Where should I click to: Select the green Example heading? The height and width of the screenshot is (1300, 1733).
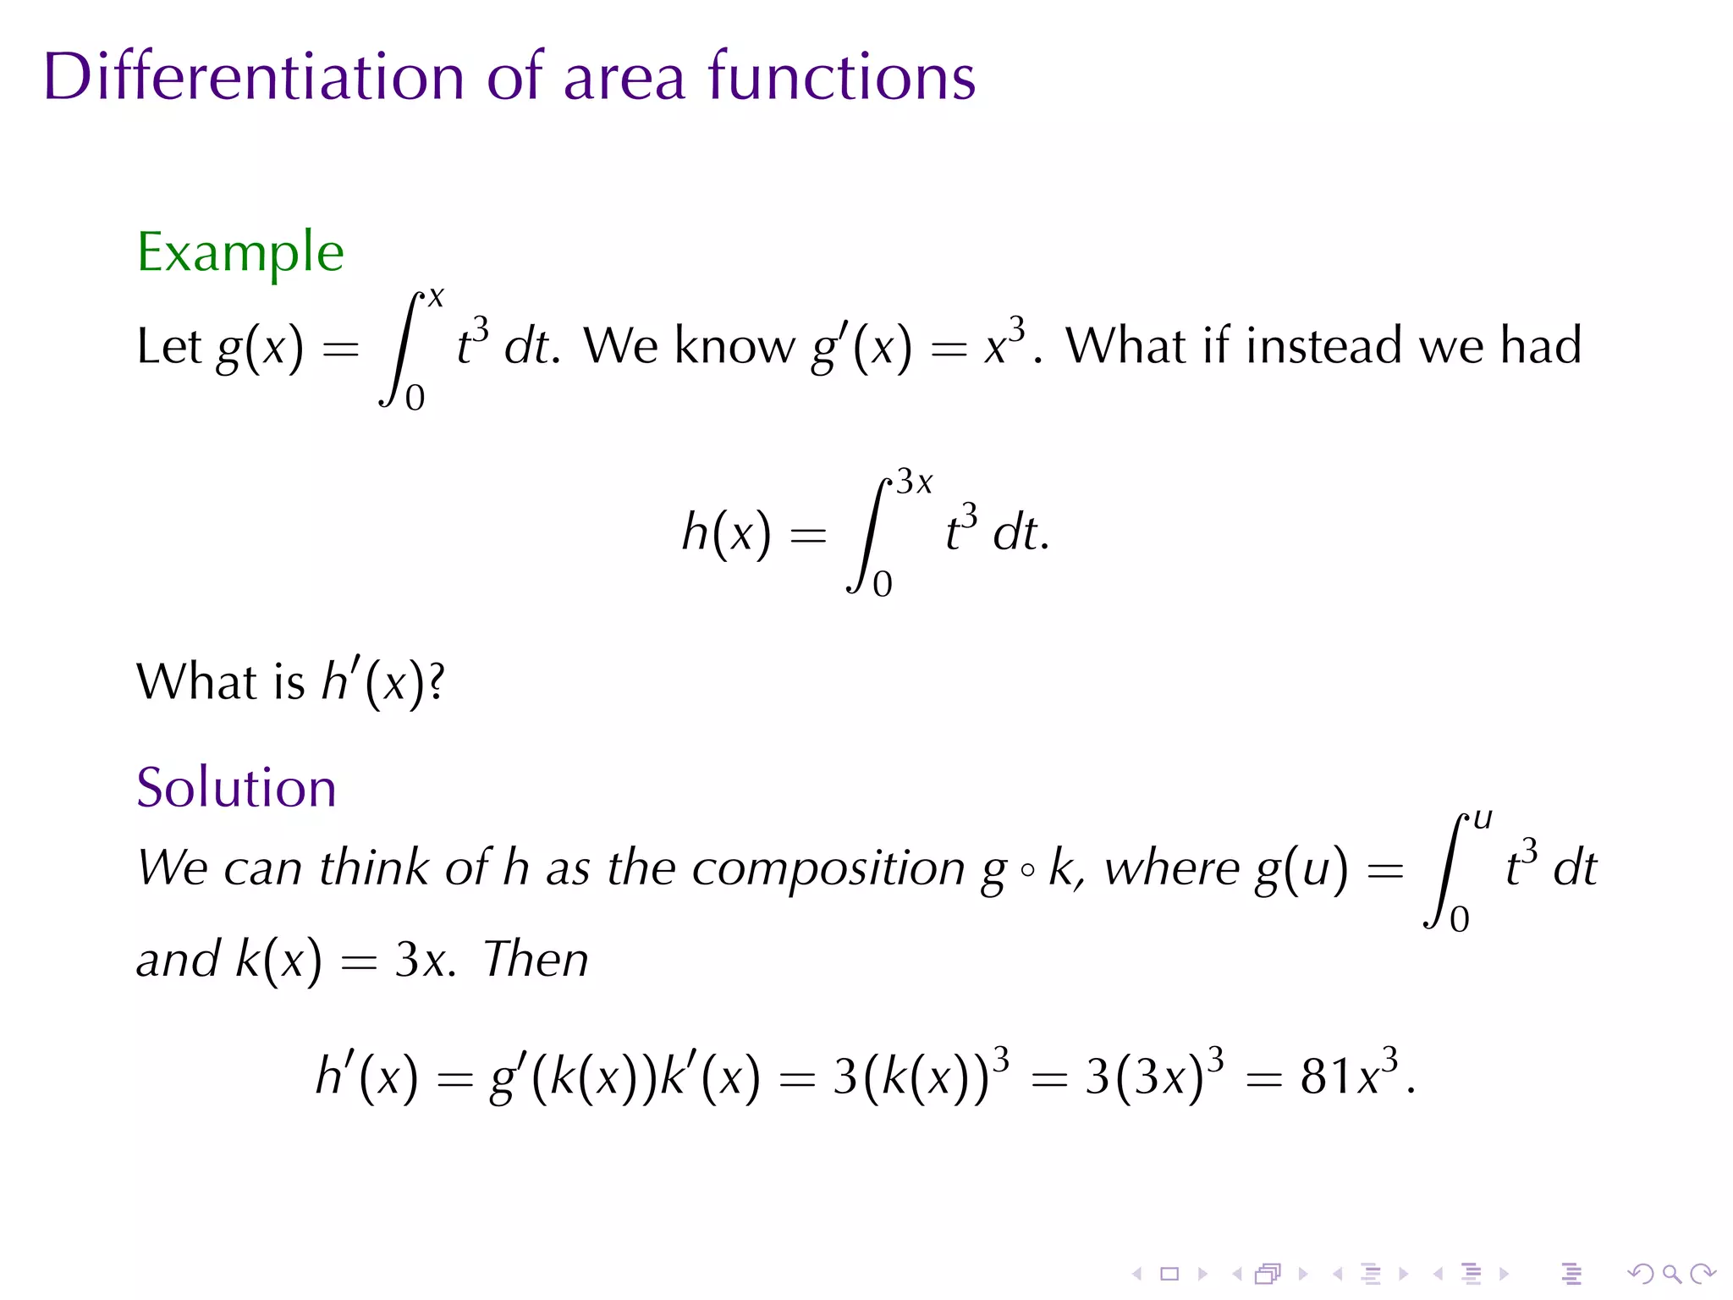coord(240,251)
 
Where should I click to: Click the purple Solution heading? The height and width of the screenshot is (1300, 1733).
coord(236,787)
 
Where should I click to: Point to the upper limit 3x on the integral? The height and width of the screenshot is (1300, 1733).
coord(914,482)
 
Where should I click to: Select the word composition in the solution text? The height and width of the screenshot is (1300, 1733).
coord(828,869)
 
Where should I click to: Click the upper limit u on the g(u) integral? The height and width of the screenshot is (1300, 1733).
coord(1483,818)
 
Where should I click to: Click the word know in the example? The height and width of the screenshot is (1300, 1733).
coord(734,345)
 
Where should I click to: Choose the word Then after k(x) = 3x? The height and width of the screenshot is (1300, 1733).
coord(536,960)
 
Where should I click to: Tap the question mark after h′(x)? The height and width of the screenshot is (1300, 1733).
coord(436,682)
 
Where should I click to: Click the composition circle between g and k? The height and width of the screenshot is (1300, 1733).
coord(1027,870)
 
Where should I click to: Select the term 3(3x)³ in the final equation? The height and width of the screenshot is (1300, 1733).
coord(1155,1076)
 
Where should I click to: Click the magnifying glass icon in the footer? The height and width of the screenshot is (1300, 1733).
coord(1671,1274)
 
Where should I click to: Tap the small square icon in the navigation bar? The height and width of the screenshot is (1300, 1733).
coord(1169,1274)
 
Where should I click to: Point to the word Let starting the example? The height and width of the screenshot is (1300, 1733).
coord(169,345)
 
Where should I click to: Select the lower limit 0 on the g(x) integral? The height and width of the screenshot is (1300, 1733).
coord(415,398)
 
